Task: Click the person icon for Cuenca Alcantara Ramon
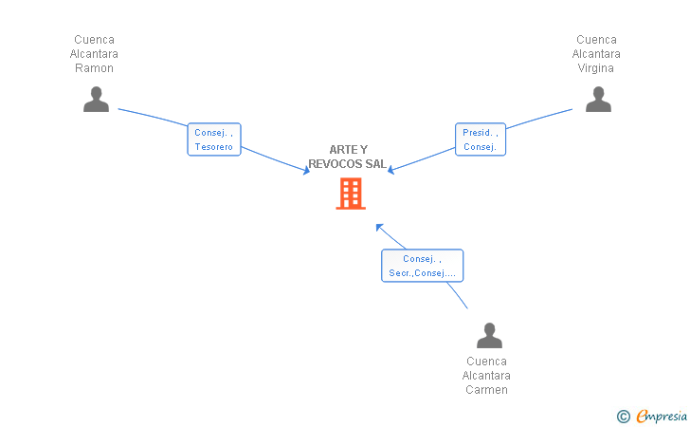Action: click(x=96, y=99)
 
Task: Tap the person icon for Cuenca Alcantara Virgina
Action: click(x=598, y=99)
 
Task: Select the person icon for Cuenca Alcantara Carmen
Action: click(x=489, y=335)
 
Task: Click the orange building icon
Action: click(x=351, y=194)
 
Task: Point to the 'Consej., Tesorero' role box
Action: click(x=214, y=139)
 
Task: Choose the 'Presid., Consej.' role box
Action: click(x=481, y=139)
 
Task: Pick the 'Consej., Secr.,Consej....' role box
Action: click(x=422, y=266)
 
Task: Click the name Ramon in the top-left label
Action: click(x=94, y=68)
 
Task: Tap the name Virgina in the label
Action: click(x=596, y=68)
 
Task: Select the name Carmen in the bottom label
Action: click(x=487, y=390)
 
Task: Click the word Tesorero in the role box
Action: click(x=214, y=147)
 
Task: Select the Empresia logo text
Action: click(x=662, y=416)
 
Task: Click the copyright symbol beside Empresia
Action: click(x=624, y=417)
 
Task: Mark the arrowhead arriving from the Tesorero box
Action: click(x=307, y=171)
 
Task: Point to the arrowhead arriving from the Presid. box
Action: click(x=390, y=170)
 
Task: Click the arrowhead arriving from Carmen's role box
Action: click(x=379, y=227)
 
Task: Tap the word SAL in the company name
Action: click(x=375, y=164)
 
